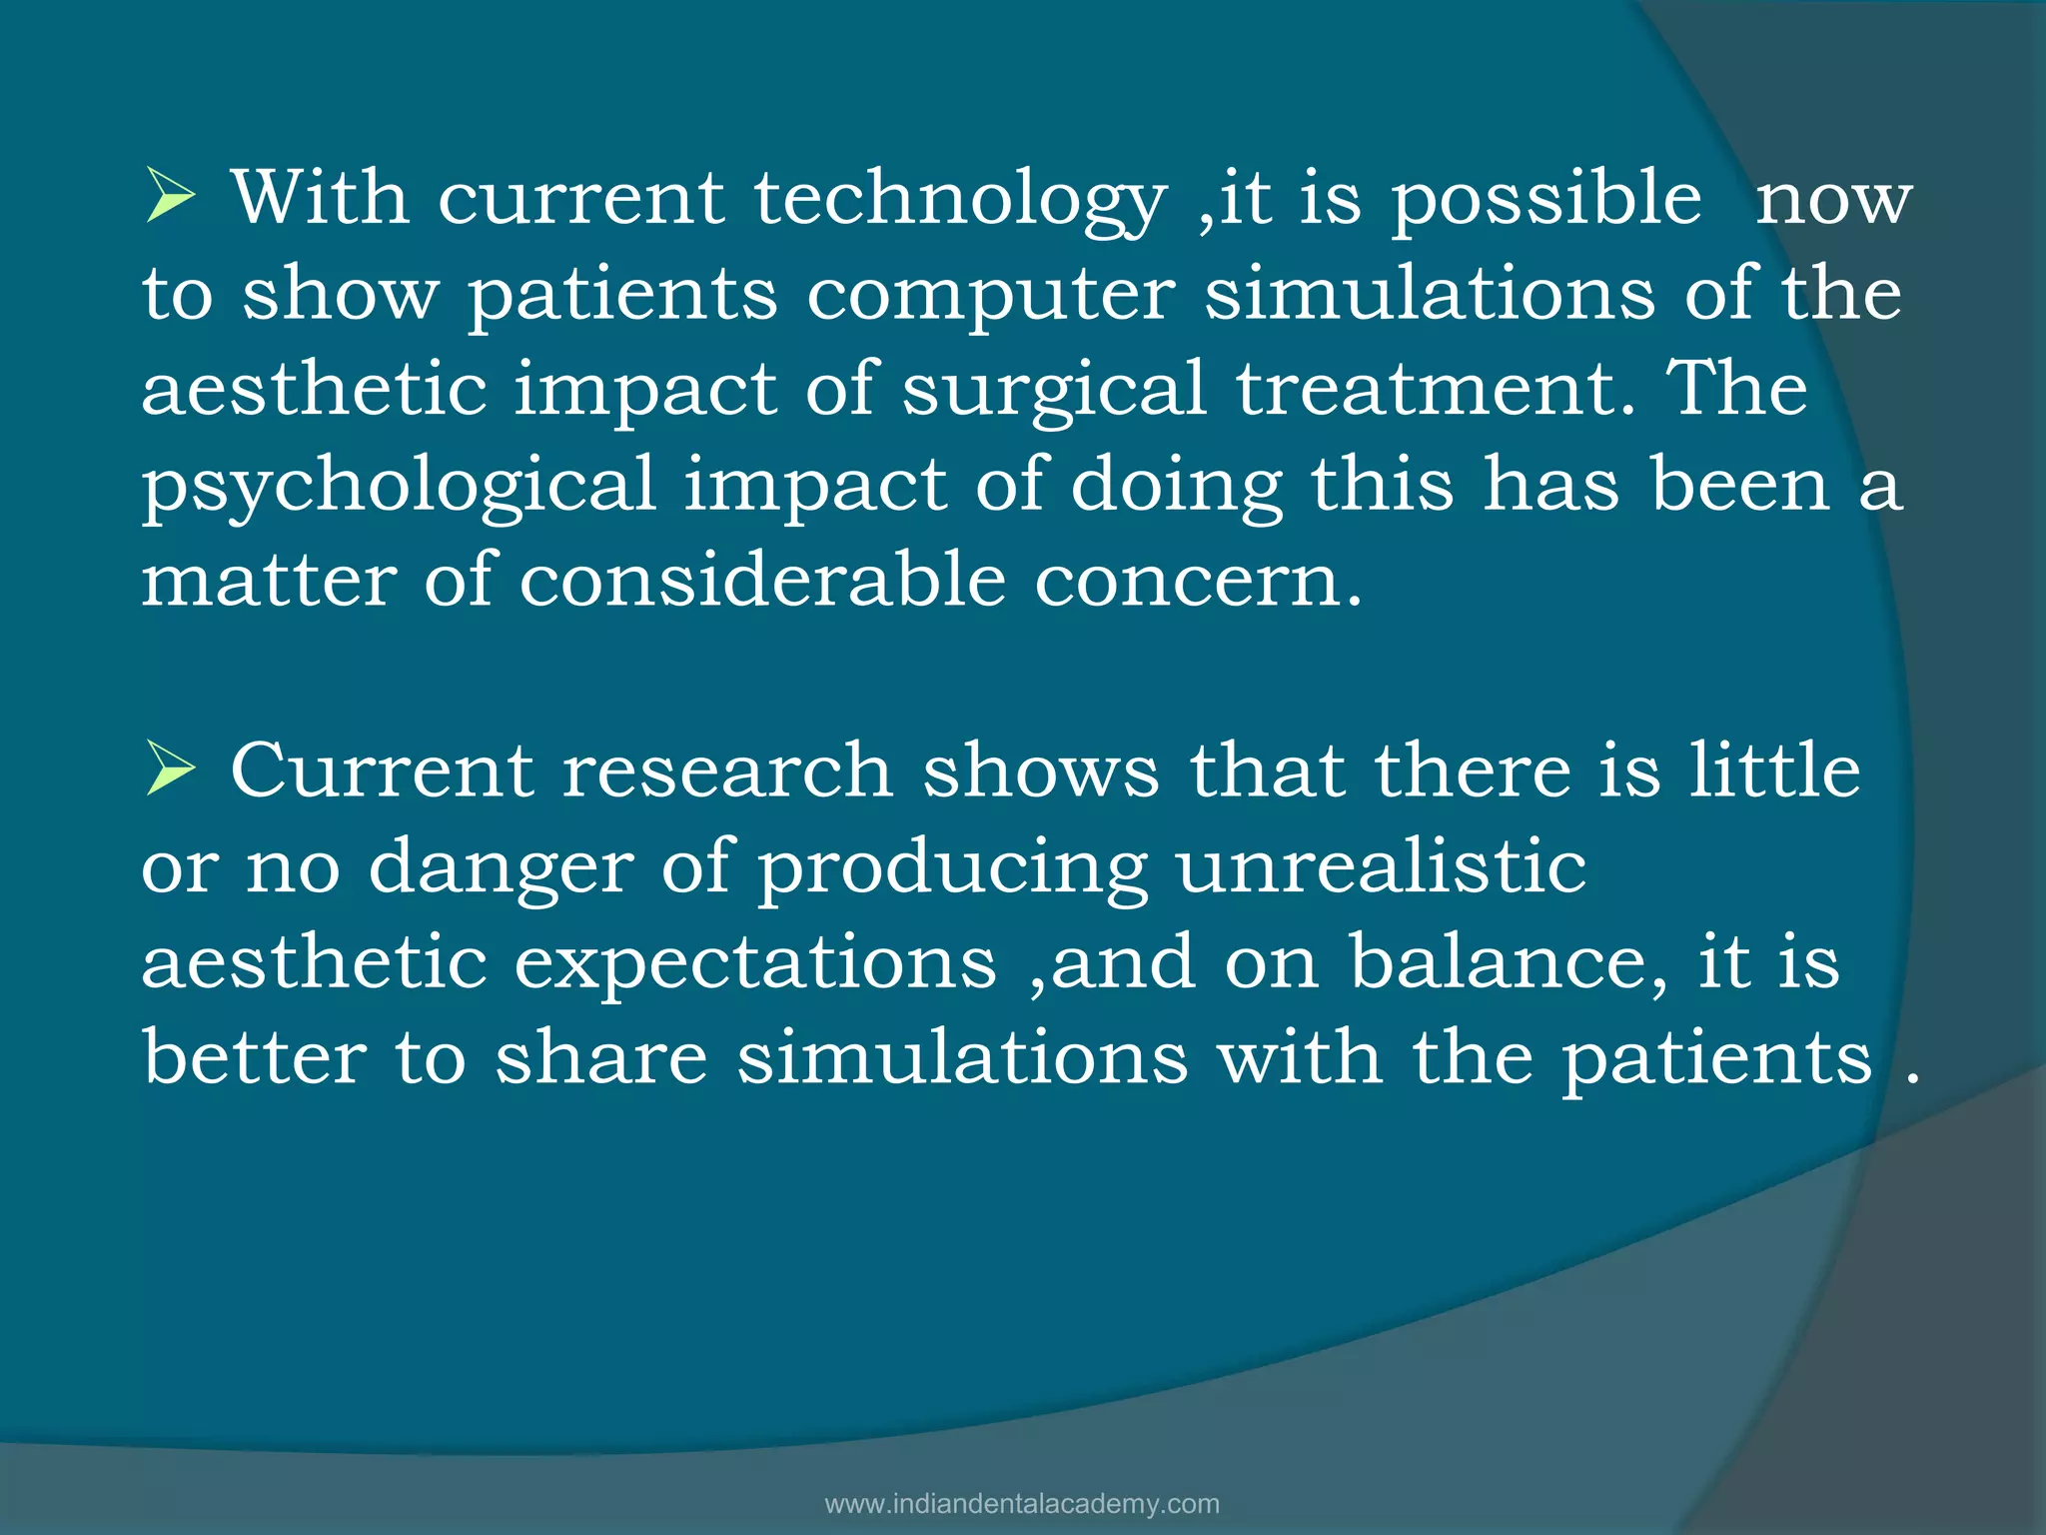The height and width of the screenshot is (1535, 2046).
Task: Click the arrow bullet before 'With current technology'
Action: pyautogui.click(x=170, y=197)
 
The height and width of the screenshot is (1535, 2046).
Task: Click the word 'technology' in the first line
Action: pyautogui.click(x=959, y=200)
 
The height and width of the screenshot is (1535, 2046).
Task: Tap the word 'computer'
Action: pyautogui.click(x=990, y=296)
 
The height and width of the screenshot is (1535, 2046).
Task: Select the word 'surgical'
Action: pyautogui.click(x=1054, y=391)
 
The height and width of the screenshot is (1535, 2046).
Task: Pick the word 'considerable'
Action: pyautogui.click(x=761, y=580)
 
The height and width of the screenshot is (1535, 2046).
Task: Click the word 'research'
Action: pyautogui.click(x=726, y=772)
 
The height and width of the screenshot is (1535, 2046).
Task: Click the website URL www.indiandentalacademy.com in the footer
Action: pyautogui.click(x=1022, y=1504)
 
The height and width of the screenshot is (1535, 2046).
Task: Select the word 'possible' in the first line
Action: pyautogui.click(x=1546, y=200)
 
